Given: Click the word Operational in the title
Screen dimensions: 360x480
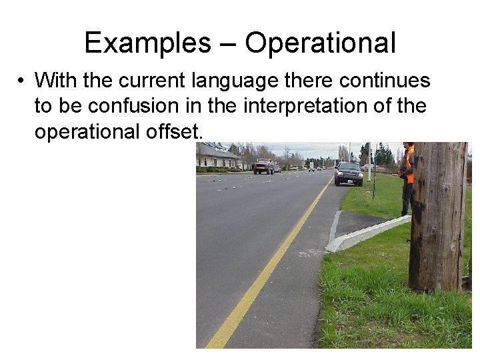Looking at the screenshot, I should pos(321,44).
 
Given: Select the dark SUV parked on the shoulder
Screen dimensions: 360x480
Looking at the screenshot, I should pos(349,173).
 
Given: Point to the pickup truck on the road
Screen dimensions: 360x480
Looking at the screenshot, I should pos(263,166).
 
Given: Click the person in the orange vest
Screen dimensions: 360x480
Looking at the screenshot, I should pos(407,177).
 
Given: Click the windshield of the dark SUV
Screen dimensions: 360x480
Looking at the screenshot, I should pos(349,167).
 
